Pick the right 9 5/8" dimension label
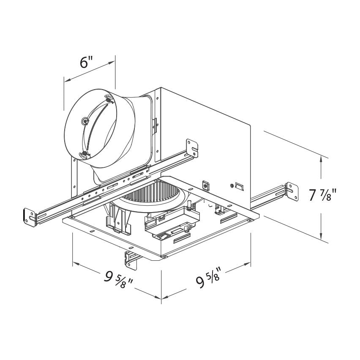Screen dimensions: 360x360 tap(208, 278)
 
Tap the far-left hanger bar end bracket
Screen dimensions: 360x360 tap(30, 217)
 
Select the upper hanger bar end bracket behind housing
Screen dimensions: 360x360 tap(192, 148)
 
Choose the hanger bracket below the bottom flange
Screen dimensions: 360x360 tap(131, 259)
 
